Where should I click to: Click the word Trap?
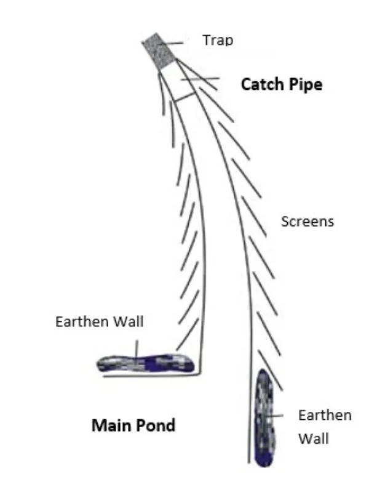[x=218, y=41]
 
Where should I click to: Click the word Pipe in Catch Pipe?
[x=303, y=84]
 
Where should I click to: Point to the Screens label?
[x=307, y=221]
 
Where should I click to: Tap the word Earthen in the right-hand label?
[x=324, y=415]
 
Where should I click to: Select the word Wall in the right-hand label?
[x=313, y=439]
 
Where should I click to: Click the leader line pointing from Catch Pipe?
[x=200, y=79]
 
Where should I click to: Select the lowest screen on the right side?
[x=270, y=370]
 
